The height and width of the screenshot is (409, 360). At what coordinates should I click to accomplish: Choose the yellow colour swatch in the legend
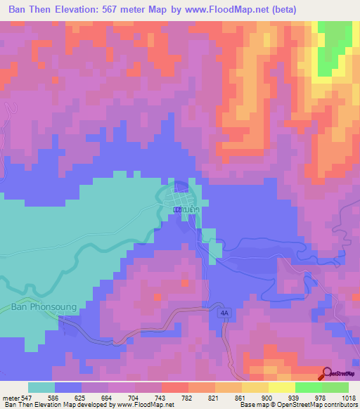(x=281, y=387)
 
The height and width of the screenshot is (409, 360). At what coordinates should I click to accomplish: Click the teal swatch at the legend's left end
(x=41, y=387)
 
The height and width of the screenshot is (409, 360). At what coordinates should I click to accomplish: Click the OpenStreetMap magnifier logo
(x=326, y=375)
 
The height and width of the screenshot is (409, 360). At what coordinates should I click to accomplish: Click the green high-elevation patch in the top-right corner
(x=333, y=46)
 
